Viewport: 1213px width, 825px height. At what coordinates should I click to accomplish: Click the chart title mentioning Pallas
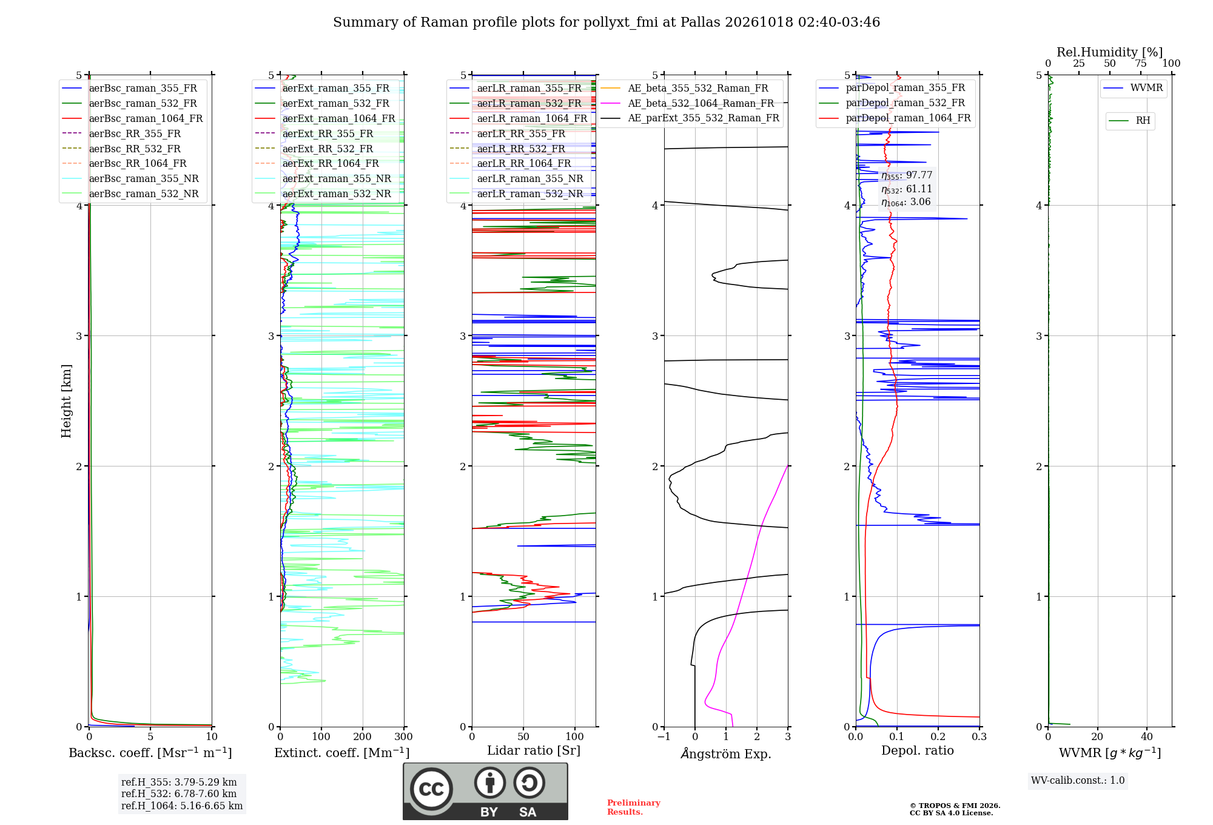click(606, 22)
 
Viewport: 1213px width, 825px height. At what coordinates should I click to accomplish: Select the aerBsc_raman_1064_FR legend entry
click(132, 119)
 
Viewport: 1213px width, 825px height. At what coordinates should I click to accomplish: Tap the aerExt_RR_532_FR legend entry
click(314, 149)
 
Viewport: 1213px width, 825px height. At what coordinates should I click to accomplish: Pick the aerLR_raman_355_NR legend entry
click(516, 179)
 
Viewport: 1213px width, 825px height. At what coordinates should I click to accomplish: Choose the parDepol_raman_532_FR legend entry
click(892, 103)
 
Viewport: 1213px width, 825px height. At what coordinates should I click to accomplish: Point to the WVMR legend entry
click(1134, 88)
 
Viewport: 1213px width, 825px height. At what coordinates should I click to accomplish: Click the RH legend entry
click(1130, 121)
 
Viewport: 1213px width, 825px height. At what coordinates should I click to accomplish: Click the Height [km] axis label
click(66, 401)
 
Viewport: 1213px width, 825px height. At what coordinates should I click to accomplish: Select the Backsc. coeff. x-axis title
click(150, 753)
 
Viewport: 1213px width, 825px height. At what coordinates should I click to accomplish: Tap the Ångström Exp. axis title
click(726, 753)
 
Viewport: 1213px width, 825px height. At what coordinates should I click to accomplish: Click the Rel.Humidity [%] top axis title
click(1110, 52)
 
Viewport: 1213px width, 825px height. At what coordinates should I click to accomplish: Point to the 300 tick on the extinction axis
click(404, 737)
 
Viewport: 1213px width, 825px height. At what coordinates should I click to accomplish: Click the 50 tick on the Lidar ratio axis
click(523, 737)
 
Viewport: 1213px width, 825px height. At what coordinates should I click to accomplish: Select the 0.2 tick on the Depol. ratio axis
click(938, 737)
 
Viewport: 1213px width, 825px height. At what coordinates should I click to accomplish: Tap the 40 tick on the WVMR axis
click(1147, 737)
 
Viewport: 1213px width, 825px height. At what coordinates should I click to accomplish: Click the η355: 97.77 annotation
click(907, 175)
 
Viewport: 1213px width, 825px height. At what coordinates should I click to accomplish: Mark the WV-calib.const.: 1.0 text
click(1078, 781)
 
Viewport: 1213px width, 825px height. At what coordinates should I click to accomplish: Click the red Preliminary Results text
click(634, 807)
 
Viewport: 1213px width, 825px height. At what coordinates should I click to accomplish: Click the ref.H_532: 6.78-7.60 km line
click(179, 794)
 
